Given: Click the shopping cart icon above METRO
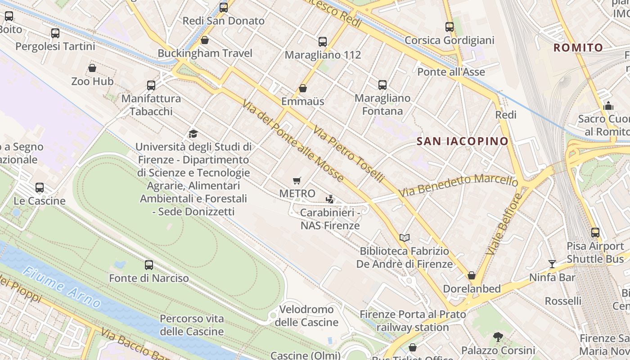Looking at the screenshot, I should (x=297, y=181).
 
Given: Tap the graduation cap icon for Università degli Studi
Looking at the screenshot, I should (x=193, y=134).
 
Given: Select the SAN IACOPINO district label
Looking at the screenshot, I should (x=462, y=141).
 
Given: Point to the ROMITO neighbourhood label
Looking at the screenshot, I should (x=578, y=48).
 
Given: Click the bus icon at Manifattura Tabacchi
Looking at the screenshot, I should (x=151, y=85).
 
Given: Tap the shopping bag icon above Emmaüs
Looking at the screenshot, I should (x=303, y=88).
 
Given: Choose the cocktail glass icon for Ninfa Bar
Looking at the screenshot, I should (x=552, y=264).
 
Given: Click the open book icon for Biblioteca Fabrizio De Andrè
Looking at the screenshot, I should (x=405, y=238).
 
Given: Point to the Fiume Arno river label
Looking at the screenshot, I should (x=62, y=287).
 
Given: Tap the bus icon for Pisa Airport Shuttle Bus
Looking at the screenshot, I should (x=595, y=233).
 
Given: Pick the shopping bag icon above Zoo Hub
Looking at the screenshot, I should (x=92, y=68).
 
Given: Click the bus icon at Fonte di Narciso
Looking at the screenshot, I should (x=149, y=265).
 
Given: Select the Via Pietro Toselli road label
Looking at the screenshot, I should (x=349, y=154).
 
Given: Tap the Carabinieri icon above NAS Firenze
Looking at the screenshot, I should (x=330, y=199).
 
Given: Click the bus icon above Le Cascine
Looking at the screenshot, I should (x=40, y=187).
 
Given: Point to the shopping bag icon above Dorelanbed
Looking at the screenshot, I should (x=472, y=275).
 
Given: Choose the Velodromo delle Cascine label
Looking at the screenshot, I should (x=306, y=316).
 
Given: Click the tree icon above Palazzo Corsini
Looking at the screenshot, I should (x=498, y=337).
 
